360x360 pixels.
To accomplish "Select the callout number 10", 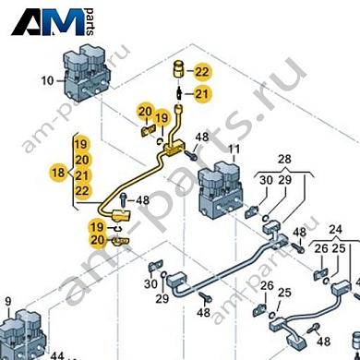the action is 47,80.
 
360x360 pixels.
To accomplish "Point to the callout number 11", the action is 234,149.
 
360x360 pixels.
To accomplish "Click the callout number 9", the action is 8,301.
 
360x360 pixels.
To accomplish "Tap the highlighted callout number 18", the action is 58,174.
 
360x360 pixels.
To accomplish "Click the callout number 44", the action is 56,355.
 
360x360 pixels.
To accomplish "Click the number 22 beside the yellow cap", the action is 202,71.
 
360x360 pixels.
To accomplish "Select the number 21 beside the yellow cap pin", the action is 202,93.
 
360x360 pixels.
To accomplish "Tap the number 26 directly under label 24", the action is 321,249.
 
